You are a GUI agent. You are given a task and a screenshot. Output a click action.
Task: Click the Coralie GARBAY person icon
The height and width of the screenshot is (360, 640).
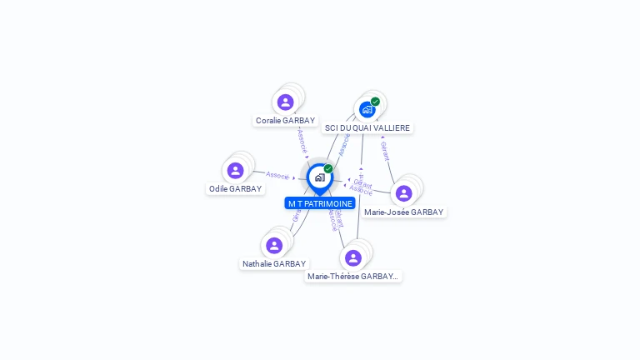(286, 102)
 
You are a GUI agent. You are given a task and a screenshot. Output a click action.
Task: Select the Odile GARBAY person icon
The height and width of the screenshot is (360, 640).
(235, 171)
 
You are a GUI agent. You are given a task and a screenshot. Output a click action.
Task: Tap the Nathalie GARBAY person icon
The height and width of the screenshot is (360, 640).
(274, 246)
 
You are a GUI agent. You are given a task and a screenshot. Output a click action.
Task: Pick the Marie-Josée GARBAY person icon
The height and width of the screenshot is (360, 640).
(404, 193)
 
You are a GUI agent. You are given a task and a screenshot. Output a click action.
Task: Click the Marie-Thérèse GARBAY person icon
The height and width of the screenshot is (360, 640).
(353, 257)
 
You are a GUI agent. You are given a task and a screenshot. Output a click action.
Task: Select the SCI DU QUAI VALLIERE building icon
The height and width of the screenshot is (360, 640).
(367, 109)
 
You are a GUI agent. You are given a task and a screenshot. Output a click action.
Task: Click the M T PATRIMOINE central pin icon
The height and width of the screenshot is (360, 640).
(319, 177)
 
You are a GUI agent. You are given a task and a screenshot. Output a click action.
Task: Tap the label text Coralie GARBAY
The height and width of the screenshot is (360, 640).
(286, 121)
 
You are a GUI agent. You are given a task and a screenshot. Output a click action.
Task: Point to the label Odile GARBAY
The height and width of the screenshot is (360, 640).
(236, 189)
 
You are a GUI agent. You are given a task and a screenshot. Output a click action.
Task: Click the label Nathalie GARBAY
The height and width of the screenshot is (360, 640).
(274, 264)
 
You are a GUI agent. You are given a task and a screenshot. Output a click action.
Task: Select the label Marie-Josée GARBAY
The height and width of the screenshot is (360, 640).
(404, 212)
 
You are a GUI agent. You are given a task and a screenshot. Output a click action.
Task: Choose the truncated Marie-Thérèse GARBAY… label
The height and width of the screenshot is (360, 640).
(353, 277)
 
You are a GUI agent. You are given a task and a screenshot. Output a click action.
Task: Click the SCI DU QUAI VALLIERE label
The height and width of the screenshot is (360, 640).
(367, 128)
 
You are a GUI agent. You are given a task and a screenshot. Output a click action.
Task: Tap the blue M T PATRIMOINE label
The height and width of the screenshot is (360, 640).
(320, 203)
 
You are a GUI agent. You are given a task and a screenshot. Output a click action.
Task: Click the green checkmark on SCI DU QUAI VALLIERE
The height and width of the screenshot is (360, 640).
(376, 102)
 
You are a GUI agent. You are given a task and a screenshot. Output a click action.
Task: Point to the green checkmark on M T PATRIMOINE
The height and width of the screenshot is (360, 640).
(328, 168)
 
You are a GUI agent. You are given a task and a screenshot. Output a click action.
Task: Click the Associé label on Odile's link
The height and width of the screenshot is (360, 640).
(277, 176)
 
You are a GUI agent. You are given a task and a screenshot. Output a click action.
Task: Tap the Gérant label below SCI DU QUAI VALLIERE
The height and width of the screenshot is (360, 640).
(384, 150)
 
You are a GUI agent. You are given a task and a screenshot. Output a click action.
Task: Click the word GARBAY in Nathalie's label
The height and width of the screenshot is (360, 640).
(290, 264)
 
